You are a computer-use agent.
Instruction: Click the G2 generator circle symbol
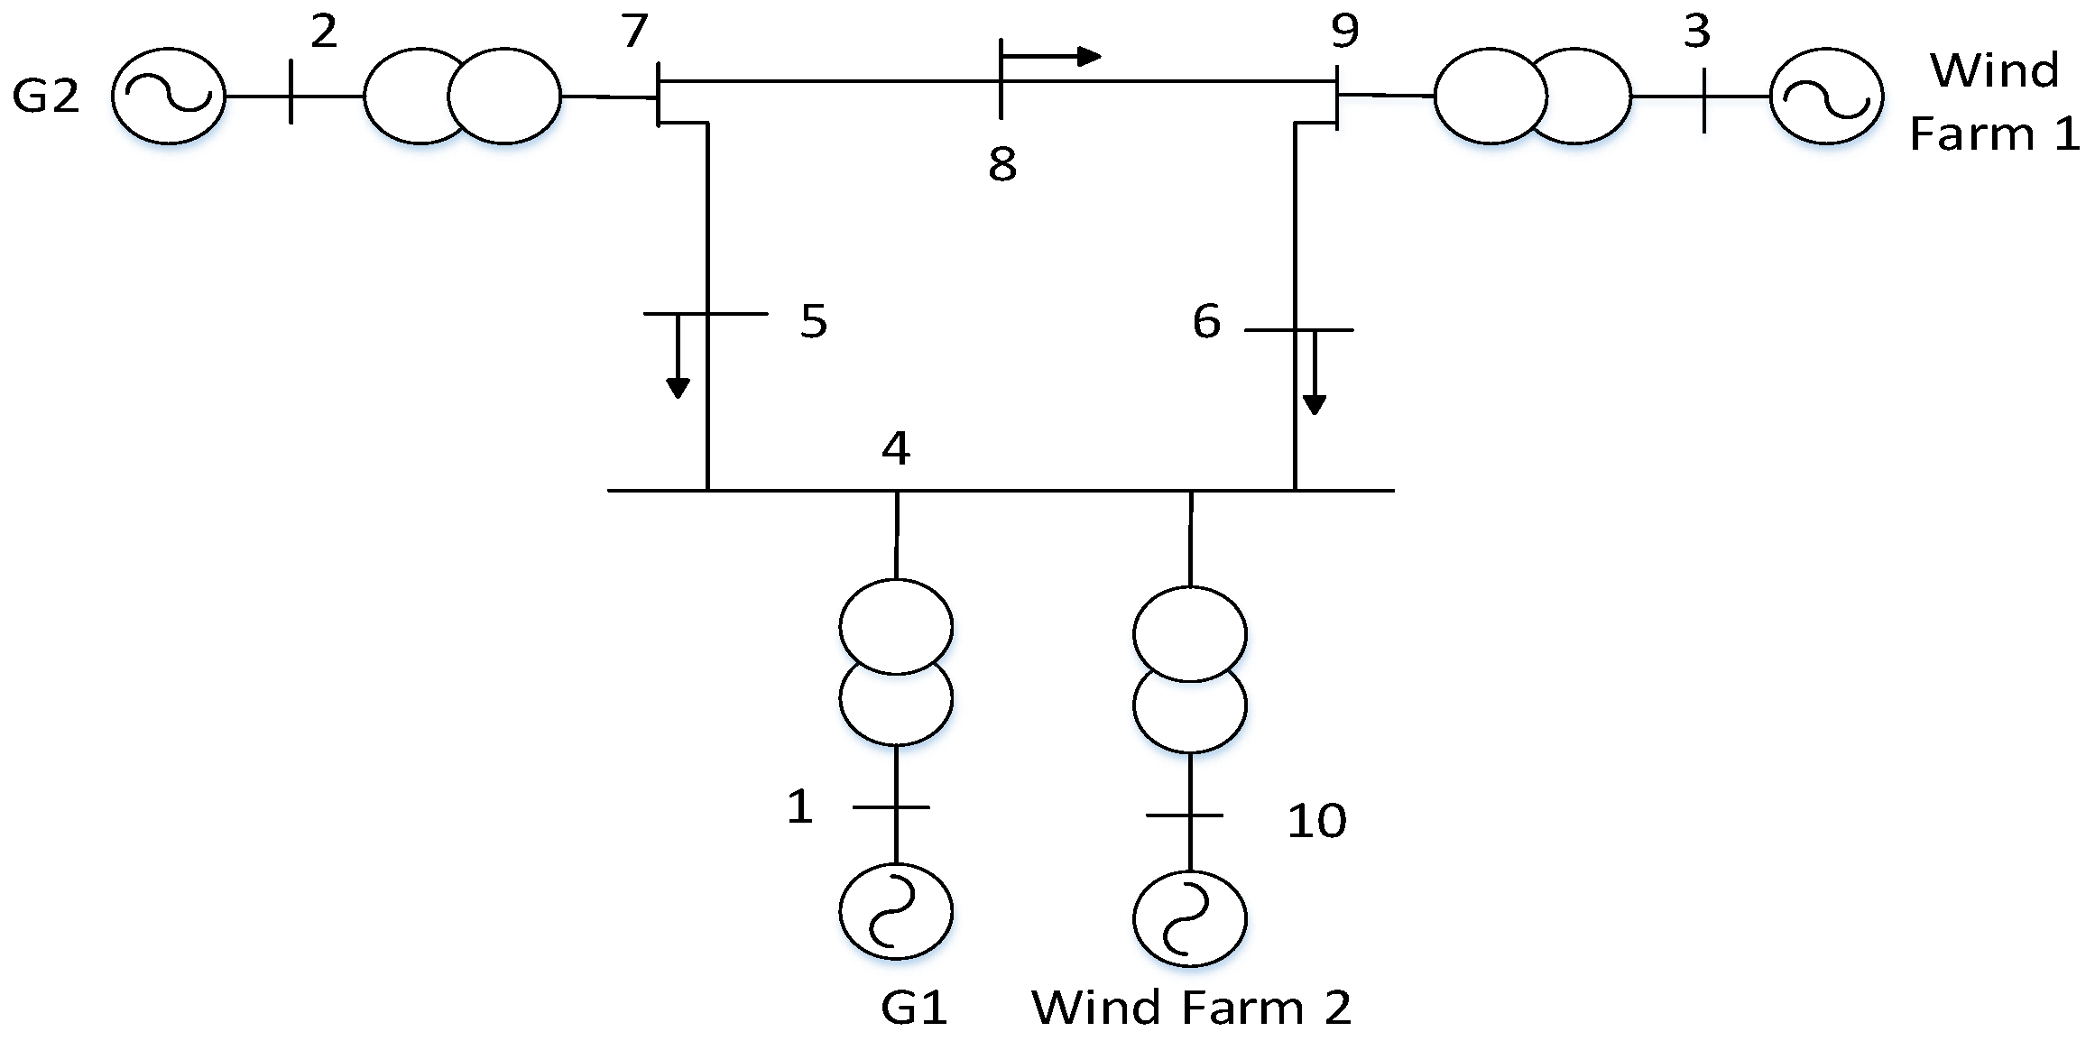168,95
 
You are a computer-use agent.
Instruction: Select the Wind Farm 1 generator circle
1826,96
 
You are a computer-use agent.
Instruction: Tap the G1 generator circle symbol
896,911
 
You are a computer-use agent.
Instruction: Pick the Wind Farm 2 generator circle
1190,918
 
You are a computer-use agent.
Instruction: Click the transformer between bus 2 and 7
462,96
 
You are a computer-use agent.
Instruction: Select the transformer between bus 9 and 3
1532,96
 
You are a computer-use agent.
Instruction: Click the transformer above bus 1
896,662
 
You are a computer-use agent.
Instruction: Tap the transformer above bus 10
1190,669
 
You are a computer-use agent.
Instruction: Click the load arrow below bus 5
678,356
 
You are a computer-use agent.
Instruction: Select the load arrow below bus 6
1315,372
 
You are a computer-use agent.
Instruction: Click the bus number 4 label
896,447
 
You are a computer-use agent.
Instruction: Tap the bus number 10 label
1316,821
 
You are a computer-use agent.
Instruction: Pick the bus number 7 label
634,31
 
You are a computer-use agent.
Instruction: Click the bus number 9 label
1344,31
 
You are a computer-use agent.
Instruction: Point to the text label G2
45,96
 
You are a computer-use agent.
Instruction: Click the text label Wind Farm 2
1191,1008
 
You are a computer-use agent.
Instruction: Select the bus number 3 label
1696,32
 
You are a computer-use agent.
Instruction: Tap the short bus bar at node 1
891,806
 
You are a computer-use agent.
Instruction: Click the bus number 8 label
1002,164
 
